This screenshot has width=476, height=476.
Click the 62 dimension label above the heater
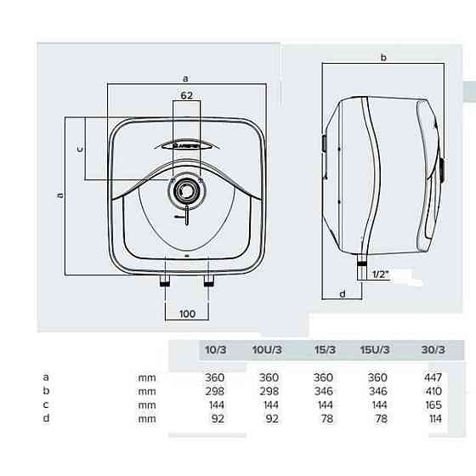186,95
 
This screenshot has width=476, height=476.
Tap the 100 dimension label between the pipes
187,314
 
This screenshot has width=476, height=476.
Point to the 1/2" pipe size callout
381,275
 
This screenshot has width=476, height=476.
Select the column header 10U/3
267,349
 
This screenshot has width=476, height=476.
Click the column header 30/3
433,349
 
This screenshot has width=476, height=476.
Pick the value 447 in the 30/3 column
433,377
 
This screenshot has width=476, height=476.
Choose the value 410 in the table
433,391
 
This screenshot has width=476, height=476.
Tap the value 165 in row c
433,405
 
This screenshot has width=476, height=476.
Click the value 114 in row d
435,419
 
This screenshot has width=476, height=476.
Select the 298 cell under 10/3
214,391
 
